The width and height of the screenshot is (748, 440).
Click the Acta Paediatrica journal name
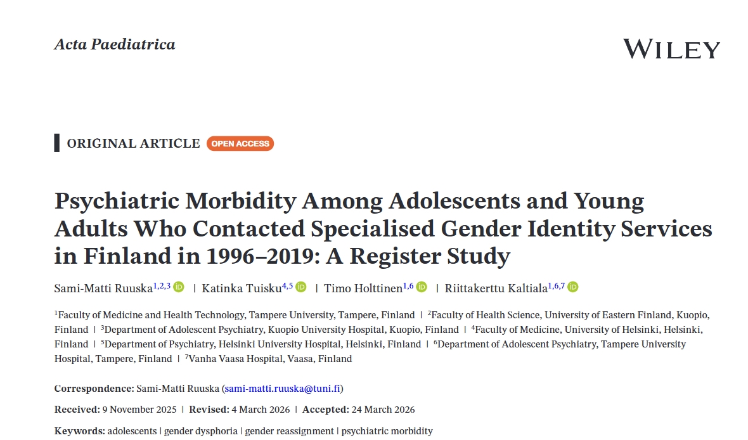click(x=115, y=44)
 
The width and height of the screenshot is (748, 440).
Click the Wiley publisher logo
click(x=671, y=49)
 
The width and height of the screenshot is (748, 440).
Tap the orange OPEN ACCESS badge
click(x=240, y=144)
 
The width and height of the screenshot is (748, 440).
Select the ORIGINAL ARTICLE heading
click(x=133, y=144)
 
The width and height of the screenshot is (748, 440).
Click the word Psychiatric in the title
click(x=112, y=202)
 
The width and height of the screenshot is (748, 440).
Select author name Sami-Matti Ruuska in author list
click(x=103, y=288)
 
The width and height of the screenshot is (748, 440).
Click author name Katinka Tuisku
click(x=242, y=288)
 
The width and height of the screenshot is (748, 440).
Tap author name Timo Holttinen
click(x=363, y=288)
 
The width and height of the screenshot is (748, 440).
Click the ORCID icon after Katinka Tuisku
click(x=301, y=287)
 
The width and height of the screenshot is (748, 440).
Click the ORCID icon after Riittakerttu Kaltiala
click(x=573, y=287)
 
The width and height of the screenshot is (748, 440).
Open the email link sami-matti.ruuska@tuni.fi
click(x=283, y=389)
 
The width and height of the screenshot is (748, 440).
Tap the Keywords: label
click(x=80, y=431)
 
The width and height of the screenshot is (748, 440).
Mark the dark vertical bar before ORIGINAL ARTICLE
click(x=57, y=143)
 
